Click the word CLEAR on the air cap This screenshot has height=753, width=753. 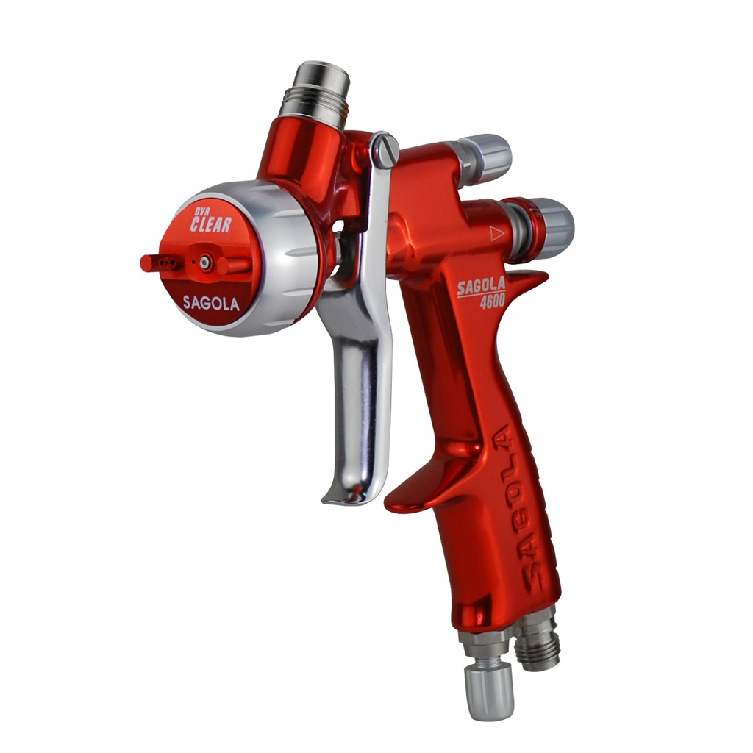[210, 224]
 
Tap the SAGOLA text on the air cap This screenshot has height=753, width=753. [211, 303]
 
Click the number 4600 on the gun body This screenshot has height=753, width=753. [492, 301]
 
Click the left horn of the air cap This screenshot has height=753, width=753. [160, 263]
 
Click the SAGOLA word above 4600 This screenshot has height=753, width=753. [481, 287]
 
